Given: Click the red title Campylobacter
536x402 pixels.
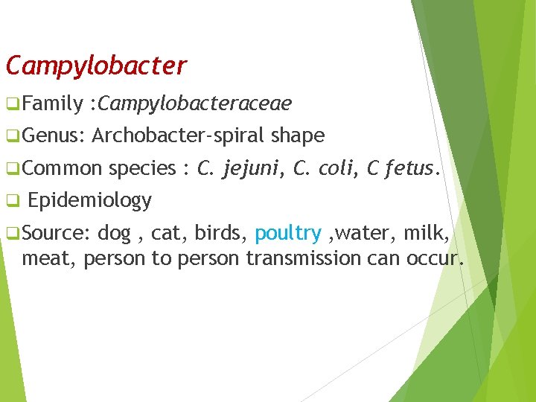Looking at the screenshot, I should click(96, 66).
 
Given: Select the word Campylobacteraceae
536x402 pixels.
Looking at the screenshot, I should click(194, 103).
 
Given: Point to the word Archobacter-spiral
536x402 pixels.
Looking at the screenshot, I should click(179, 135).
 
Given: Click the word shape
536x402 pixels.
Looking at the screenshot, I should click(298, 135).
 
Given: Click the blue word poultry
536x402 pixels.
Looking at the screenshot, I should click(287, 233).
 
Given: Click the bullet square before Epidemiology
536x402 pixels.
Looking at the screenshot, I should click(10, 201).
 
